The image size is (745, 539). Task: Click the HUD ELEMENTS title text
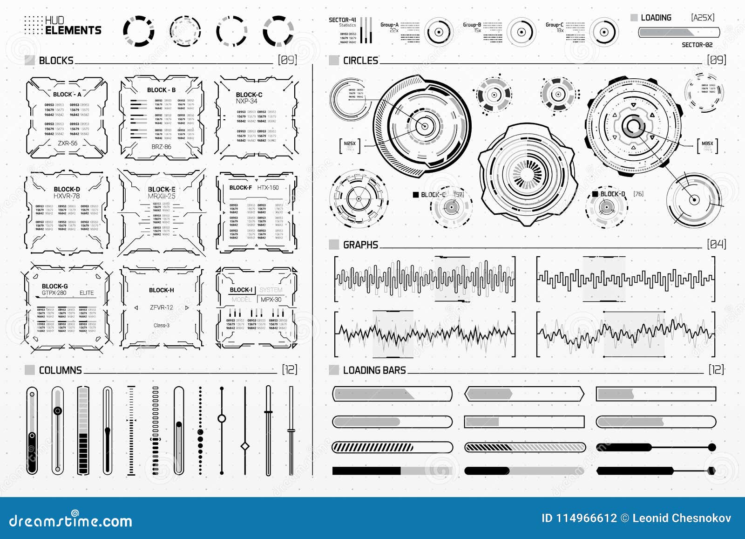pyautogui.click(x=73, y=26)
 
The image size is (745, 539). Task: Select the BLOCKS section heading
pyautogui.click(x=56, y=61)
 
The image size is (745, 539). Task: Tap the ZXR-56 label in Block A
pyautogui.click(x=68, y=143)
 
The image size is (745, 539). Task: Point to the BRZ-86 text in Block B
pyautogui.click(x=161, y=147)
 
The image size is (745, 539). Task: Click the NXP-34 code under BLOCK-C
pyautogui.click(x=246, y=101)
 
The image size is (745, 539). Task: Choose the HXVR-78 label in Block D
pyautogui.click(x=67, y=196)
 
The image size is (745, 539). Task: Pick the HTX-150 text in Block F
pyautogui.click(x=268, y=188)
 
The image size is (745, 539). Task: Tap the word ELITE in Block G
pyautogui.click(x=87, y=293)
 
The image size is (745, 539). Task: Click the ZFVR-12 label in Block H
pyautogui.click(x=161, y=307)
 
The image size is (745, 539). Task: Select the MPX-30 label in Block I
pyautogui.click(x=271, y=300)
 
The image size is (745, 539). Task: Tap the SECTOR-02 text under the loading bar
pyautogui.click(x=697, y=45)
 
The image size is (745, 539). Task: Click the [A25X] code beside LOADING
pyautogui.click(x=703, y=18)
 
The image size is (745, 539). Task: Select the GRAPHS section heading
pyautogui.click(x=360, y=245)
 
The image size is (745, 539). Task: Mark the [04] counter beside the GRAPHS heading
pyautogui.click(x=716, y=244)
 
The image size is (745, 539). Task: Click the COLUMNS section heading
pyautogui.click(x=60, y=370)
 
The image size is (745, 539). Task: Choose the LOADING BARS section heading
pyautogui.click(x=374, y=370)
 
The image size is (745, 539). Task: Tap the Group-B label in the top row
pyautogui.click(x=472, y=25)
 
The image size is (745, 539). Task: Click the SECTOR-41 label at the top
pyautogui.click(x=342, y=20)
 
